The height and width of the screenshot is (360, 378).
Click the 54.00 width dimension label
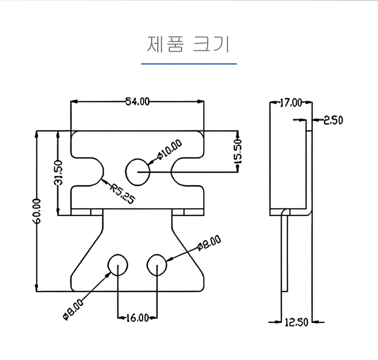point(138,101)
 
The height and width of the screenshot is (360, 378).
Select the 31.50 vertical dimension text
point(58,173)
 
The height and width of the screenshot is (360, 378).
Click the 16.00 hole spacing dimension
point(137,318)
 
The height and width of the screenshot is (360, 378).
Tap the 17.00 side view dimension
point(290,103)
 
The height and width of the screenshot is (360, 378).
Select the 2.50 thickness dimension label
point(333,120)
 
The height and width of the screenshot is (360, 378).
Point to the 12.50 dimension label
point(296,322)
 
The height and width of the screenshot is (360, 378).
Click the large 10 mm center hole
point(137,171)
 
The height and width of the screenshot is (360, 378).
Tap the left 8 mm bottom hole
point(118,264)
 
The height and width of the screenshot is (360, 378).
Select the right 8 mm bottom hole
point(157,264)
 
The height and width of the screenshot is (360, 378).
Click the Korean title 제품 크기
point(188,45)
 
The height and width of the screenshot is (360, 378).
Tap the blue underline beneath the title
point(188,64)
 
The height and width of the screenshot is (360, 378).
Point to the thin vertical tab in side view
point(285,252)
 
